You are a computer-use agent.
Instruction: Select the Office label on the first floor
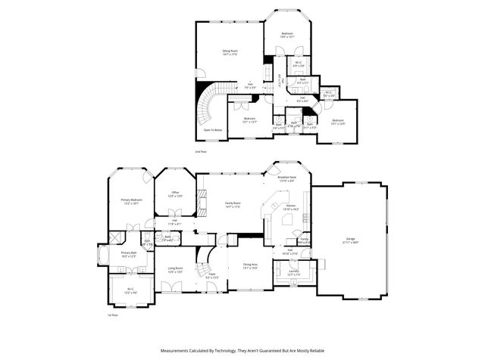click(x=174, y=193)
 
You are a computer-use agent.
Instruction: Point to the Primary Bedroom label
click(x=132, y=200)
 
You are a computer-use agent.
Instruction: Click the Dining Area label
click(x=249, y=265)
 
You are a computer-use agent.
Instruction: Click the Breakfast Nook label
click(x=286, y=178)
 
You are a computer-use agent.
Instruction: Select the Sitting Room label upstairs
click(x=230, y=51)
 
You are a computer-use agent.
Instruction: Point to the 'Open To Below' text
click(x=213, y=130)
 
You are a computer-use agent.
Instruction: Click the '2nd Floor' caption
click(x=202, y=151)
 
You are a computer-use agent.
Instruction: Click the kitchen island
click(x=289, y=219)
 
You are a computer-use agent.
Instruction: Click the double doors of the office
click(x=174, y=225)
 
